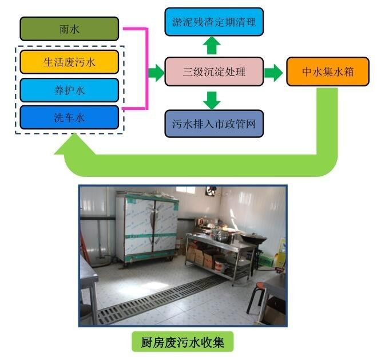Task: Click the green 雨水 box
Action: pos(69,28)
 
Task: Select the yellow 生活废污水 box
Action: pos(69,61)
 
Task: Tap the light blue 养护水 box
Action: pos(69,89)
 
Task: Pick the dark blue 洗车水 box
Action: pos(69,117)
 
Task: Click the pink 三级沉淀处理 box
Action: pos(214,72)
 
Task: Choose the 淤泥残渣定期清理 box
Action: pos(214,22)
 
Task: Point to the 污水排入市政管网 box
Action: pos(214,123)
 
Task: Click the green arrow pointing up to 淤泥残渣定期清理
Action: pos(213,45)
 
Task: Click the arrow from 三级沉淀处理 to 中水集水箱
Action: pos(274,72)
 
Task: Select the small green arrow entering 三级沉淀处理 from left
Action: pos(156,72)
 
